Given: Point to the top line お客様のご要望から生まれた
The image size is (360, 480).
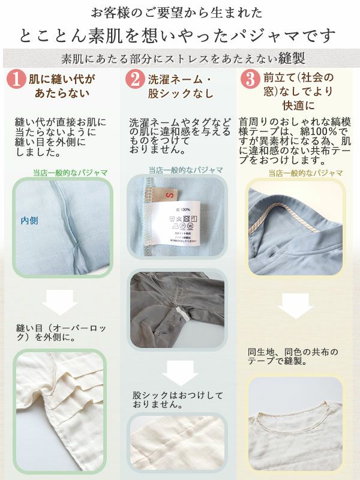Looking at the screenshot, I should point(176,12).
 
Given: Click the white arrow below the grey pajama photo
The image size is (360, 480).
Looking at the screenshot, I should point(178,373).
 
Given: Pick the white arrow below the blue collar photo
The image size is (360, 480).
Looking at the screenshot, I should point(295,305).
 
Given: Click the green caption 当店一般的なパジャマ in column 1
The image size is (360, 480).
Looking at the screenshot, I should point(71,173).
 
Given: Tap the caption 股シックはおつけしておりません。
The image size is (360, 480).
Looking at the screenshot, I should point(178,400).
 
